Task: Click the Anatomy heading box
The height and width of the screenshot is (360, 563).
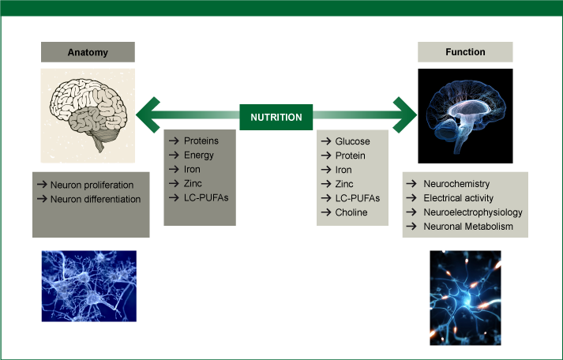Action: [88, 52]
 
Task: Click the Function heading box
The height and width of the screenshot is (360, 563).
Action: [465, 52]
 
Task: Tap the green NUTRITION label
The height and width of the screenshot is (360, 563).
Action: [276, 117]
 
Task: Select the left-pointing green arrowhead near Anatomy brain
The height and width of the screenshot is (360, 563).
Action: [148, 117]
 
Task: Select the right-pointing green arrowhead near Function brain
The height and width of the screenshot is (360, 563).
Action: [406, 117]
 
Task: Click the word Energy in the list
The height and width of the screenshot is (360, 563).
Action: [199, 155]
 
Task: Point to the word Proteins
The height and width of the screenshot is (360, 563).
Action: [201, 141]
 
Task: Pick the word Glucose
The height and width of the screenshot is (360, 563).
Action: [352, 141]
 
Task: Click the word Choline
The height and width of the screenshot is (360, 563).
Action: [351, 212]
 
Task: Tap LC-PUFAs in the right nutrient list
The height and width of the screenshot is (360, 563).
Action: [358, 198]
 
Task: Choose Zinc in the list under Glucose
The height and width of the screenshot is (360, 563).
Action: [344, 184]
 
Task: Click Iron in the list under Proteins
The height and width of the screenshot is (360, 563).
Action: [193, 169]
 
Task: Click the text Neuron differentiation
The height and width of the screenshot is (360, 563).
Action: [96, 199]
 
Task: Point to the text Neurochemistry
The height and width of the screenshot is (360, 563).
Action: [456, 184]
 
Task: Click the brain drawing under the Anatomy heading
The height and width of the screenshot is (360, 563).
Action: [88, 114]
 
